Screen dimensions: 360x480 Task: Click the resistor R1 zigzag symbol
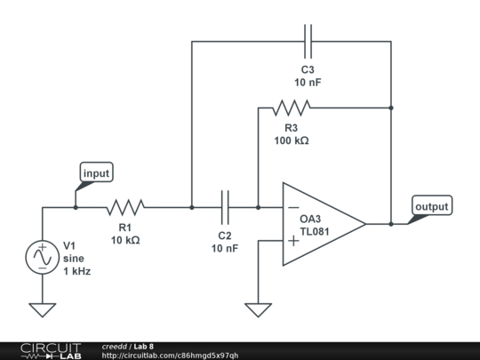click(x=126, y=208)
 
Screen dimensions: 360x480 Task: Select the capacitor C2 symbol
click(x=226, y=208)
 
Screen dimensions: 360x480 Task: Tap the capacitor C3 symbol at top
click(x=308, y=41)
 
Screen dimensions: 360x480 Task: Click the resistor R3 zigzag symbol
click(x=291, y=108)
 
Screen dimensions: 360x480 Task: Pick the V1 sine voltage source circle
click(x=42, y=257)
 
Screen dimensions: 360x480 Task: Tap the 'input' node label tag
click(x=96, y=173)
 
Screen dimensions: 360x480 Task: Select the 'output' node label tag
click(x=432, y=206)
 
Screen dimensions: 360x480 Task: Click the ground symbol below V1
click(x=42, y=310)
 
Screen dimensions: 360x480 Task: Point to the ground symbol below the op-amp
click(x=258, y=310)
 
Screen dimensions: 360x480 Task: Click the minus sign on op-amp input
click(x=292, y=209)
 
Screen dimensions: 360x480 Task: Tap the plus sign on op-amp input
click(x=292, y=240)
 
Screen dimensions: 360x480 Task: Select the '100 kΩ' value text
click(x=291, y=140)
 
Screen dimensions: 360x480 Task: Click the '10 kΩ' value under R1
click(x=125, y=240)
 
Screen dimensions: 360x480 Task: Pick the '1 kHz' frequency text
click(x=76, y=270)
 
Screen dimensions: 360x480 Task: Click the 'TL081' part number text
click(x=316, y=232)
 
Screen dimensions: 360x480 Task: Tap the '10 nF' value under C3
click(x=308, y=83)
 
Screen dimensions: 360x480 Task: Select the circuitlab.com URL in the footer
click(x=170, y=356)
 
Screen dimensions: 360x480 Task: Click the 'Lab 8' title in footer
click(x=143, y=346)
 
